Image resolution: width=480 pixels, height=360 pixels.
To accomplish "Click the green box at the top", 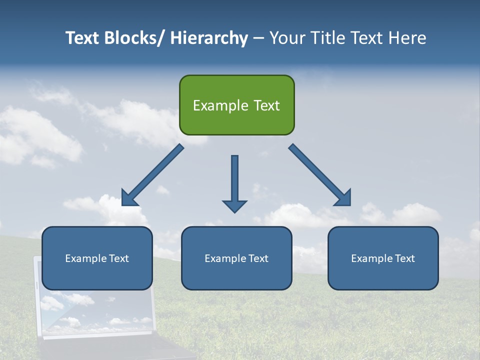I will click(x=236, y=105).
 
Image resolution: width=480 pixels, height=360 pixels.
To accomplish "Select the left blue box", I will click(x=97, y=258).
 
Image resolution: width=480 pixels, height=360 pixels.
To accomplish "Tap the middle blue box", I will click(x=236, y=258).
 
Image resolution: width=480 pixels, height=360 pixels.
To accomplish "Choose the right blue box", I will click(x=383, y=258).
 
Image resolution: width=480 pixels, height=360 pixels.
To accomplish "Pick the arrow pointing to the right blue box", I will click(x=320, y=175).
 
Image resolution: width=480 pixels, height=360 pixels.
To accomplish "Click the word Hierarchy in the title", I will click(x=209, y=38).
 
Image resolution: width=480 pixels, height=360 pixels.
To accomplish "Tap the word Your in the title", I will click(x=287, y=38).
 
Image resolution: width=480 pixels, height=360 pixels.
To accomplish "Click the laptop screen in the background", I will click(x=95, y=310).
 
